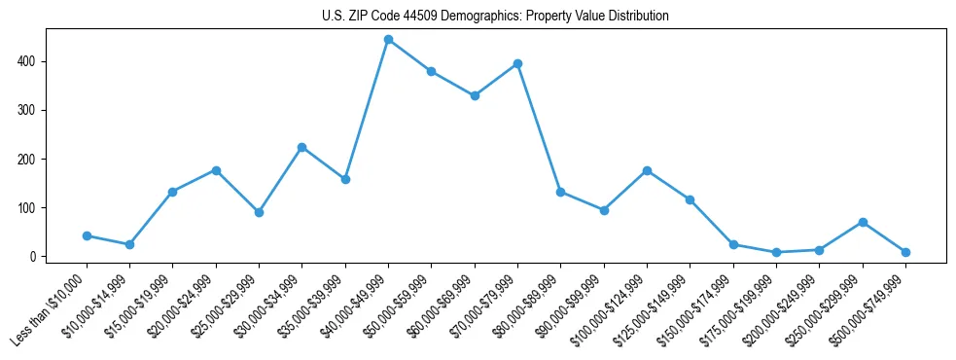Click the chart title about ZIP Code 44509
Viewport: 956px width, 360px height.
[x=495, y=17]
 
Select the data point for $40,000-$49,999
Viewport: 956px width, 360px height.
[x=388, y=40]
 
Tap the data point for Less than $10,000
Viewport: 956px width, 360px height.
[x=87, y=235]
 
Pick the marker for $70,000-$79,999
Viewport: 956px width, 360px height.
[x=517, y=63]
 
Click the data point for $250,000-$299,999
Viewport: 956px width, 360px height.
[x=862, y=222]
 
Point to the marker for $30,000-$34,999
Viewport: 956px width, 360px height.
[x=301, y=147]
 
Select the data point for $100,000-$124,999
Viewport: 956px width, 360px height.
[x=647, y=170]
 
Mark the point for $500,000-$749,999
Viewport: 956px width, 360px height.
[x=905, y=252]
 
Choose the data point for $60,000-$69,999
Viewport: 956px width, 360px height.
[x=475, y=95]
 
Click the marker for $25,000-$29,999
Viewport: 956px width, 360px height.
[x=259, y=212]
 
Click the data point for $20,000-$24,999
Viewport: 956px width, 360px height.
[x=216, y=170]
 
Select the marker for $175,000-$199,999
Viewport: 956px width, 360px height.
[x=776, y=252]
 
